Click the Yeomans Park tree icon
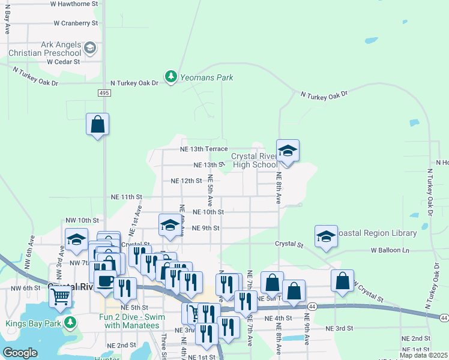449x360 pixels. click(x=171, y=77)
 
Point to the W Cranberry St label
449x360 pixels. click(x=76, y=23)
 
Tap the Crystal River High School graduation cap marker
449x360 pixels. click(x=288, y=151)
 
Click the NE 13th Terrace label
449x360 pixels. click(x=204, y=149)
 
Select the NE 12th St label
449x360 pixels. click(x=186, y=180)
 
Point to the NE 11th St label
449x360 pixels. click(x=126, y=196)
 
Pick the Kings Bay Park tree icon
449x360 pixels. click(x=71, y=323)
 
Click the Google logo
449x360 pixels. click(x=20, y=353)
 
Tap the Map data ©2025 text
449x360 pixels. click(x=423, y=355)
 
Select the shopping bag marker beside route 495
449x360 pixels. click(x=97, y=125)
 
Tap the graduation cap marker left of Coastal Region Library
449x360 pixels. click(x=326, y=237)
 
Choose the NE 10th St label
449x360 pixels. click(x=208, y=212)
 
